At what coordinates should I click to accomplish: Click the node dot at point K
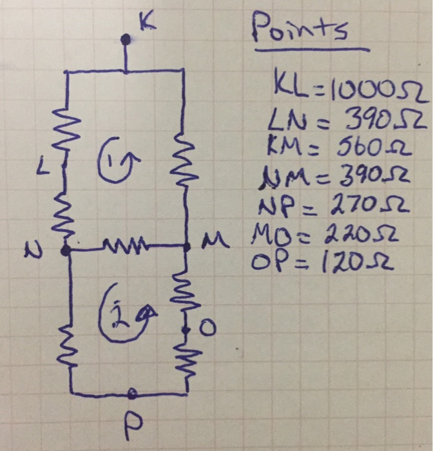point(126,40)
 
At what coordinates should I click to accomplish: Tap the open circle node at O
point(186,330)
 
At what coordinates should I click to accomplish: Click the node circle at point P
point(132,393)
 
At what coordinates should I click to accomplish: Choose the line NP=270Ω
point(329,207)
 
